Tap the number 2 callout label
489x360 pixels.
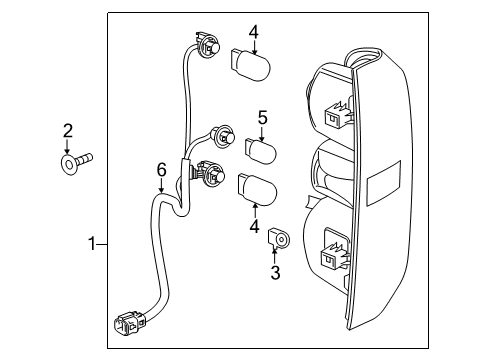[x=67, y=129]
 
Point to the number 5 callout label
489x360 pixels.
[x=262, y=118]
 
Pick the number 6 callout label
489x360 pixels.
[x=161, y=171]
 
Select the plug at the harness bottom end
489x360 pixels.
[x=128, y=326]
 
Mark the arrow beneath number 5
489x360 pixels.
[x=262, y=134]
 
